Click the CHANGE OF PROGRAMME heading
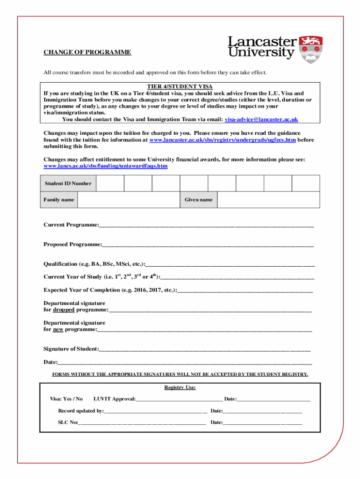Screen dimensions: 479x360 coord(87,52)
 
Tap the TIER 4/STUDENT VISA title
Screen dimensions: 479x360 coord(180,87)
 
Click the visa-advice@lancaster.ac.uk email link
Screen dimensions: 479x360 coord(261,119)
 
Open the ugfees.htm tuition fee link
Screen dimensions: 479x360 coord(222,140)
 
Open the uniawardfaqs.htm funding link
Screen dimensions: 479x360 coord(105,166)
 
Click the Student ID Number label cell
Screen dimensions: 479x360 coord(68,183)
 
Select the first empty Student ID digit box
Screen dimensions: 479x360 coord(110,183)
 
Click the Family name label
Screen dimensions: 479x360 coord(59,200)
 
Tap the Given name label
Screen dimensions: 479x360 coord(198,200)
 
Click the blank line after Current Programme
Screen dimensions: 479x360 coord(206,225)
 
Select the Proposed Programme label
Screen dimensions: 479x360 coord(72,244)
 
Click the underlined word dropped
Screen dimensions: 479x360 coord(64,310)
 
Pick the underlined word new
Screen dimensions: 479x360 coord(58,329)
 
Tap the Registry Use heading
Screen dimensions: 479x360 coord(180,387)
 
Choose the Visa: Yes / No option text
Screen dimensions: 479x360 coord(66,399)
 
